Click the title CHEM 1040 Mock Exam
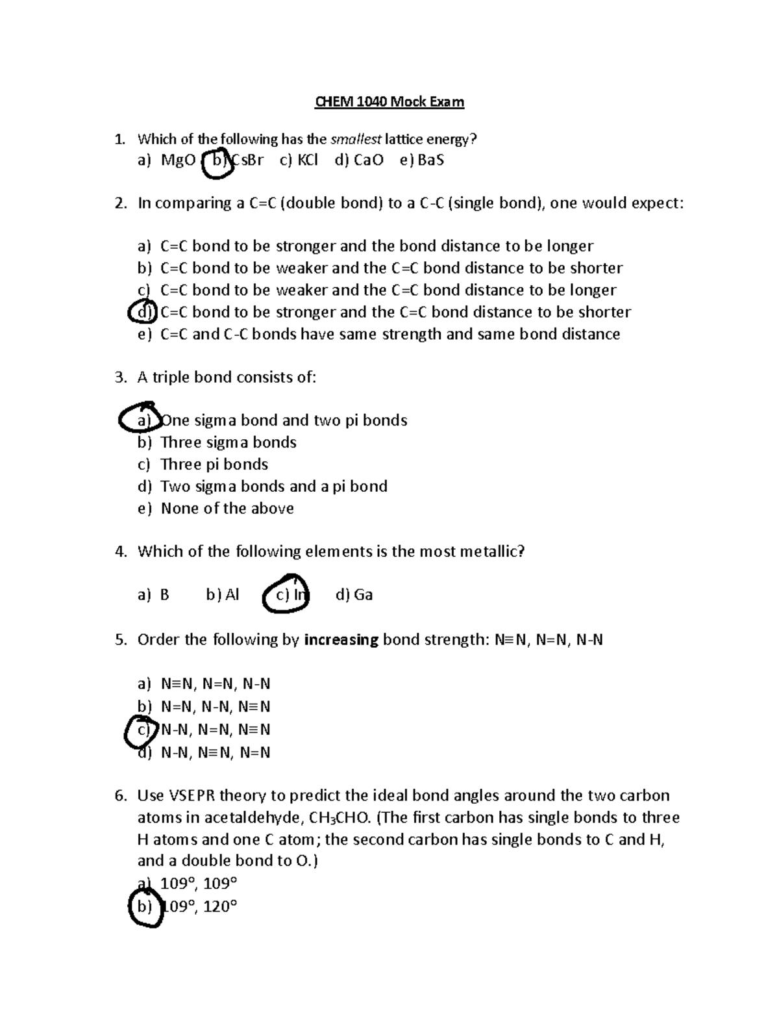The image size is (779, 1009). pyautogui.click(x=389, y=102)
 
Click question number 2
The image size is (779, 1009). pyautogui.click(x=120, y=203)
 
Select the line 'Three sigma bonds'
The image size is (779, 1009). pyautogui.click(x=228, y=442)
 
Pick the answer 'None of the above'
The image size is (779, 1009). pyautogui.click(x=227, y=509)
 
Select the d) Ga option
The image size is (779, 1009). pyautogui.click(x=354, y=595)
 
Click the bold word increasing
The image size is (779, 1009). pyautogui.click(x=341, y=640)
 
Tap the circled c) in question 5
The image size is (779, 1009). pyautogui.click(x=142, y=730)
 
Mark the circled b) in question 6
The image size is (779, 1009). pyautogui.click(x=143, y=906)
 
